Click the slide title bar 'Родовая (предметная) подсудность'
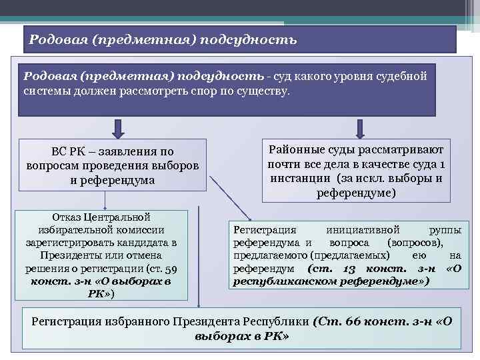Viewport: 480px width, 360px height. click(x=240, y=39)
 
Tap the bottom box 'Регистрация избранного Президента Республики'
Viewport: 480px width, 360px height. click(x=241, y=328)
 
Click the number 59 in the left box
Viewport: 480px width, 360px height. click(x=171, y=269)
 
